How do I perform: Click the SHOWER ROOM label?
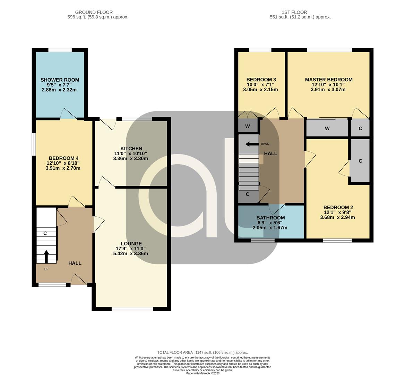pyautogui.click(x=60, y=80)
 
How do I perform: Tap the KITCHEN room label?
pyautogui.click(x=131, y=149)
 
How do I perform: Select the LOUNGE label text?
pyautogui.click(x=131, y=244)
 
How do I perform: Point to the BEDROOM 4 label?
pyautogui.click(x=63, y=158)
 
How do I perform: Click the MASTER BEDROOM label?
pyautogui.click(x=329, y=80)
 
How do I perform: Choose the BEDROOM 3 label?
pyautogui.click(x=261, y=80)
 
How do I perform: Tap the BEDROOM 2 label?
pyautogui.click(x=338, y=207)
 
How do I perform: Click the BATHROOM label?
pyautogui.click(x=270, y=218)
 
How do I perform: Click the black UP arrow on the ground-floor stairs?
pyautogui.click(x=46, y=257)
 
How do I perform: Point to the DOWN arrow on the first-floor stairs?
pyautogui.click(x=252, y=144)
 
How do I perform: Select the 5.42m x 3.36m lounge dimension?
pyautogui.click(x=131, y=253)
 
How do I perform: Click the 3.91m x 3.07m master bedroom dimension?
pyautogui.click(x=328, y=90)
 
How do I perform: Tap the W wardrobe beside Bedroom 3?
pyautogui.click(x=248, y=126)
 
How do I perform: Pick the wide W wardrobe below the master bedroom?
pyautogui.click(x=327, y=128)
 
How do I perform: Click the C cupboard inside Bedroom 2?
pyautogui.click(x=360, y=161)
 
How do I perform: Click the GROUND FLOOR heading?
pyautogui.click(x=94, y=12)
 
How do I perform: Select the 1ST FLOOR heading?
pyautogui.click(x=294, y=12)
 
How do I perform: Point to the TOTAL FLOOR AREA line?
pyautogui.click(x=203, y=352)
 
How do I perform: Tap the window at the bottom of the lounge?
pyautogui.click(x=132, y=309)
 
